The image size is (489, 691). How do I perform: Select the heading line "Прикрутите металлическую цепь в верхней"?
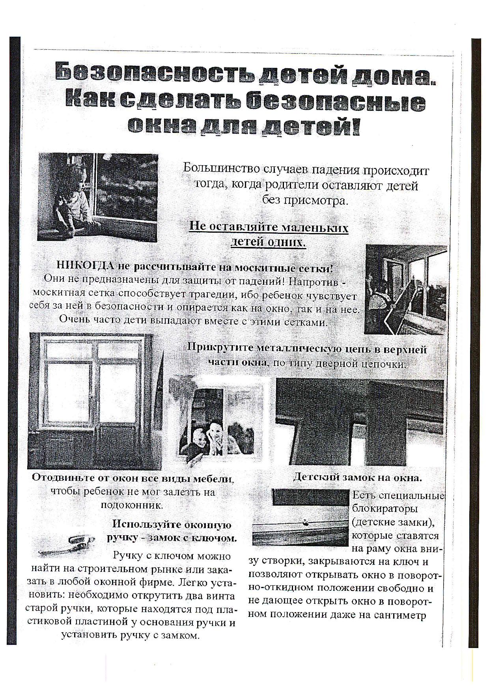click(x=307, y=349)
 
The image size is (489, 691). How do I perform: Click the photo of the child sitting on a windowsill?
click(x=97, y=196)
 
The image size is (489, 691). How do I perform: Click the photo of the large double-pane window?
click(x=91, y=401)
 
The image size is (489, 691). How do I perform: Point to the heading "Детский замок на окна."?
click(x=358, y=477)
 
